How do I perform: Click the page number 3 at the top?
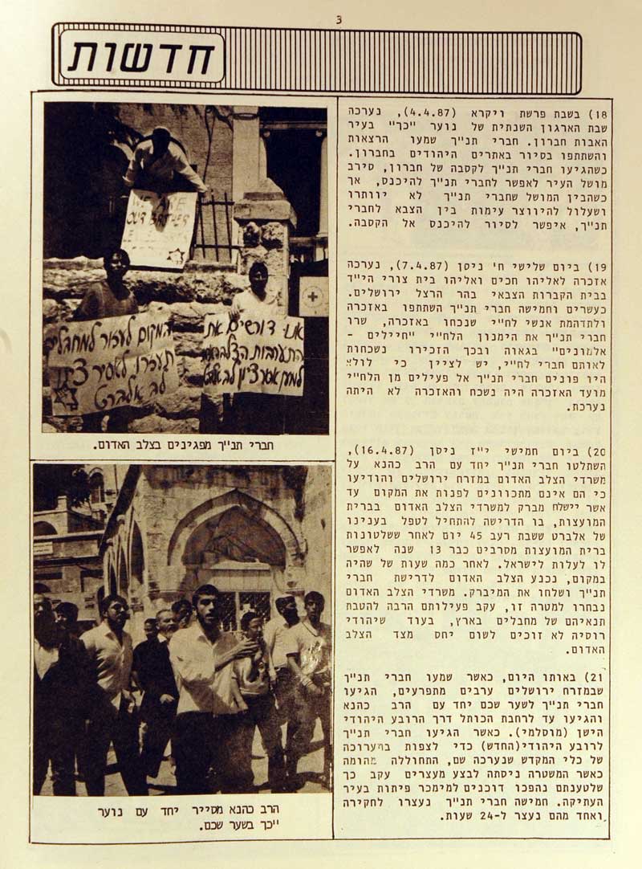click(x=338, y=18)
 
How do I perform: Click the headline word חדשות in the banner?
click(x=142, y=57)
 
